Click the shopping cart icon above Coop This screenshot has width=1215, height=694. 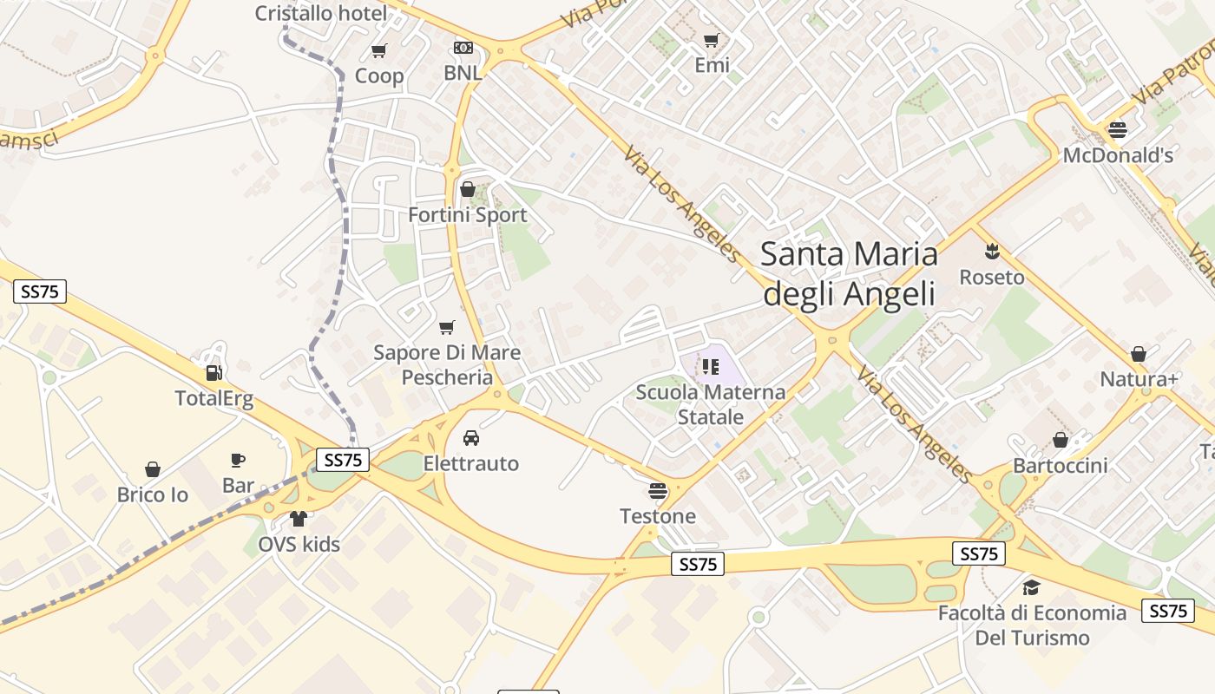378,51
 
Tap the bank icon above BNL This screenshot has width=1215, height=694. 463,48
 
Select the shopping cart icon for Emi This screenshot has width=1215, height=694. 712,40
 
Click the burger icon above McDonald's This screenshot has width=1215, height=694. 1118,130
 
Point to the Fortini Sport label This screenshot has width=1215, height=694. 468,215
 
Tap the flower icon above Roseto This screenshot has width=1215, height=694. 992,252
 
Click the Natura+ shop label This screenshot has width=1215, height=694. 1139,379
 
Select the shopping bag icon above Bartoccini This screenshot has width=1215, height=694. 1060,440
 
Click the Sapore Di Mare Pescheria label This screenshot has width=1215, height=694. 447,364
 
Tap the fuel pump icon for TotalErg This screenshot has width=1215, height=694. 213,373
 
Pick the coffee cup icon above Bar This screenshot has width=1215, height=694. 238,460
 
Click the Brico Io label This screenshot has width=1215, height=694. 153,494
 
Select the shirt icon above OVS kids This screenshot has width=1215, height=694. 299,519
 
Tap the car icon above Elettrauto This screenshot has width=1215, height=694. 471,438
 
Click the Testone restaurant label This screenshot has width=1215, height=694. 658,516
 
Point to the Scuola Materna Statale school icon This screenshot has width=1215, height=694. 711,367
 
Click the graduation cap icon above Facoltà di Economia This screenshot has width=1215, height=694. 1031,587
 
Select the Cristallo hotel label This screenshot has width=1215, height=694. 321,13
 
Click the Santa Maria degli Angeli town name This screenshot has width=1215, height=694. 849,273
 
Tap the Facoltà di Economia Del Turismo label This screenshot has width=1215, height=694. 1032,625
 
